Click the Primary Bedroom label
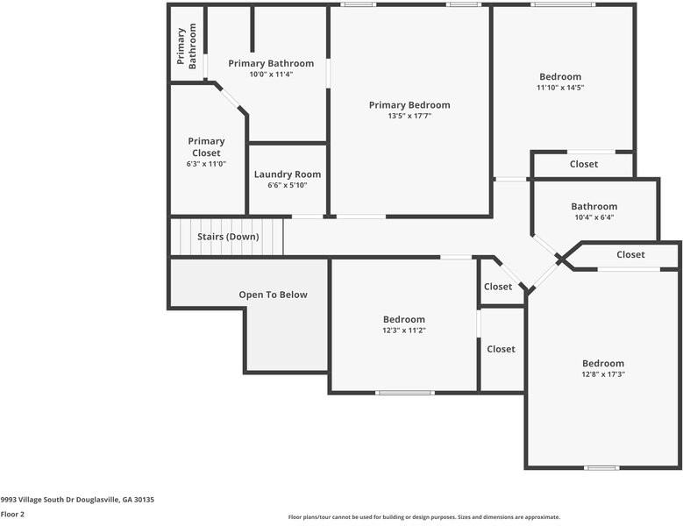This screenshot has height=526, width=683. coord(409,104)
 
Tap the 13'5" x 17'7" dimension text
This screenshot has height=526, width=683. coord(409,116)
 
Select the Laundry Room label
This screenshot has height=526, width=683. coord(288,174)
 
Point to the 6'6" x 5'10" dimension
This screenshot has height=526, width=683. coord(288,185)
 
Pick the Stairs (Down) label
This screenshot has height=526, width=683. coord(228,237)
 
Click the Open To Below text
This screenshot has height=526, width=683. coord(273,295)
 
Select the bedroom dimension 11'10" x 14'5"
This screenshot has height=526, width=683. coord(559,88)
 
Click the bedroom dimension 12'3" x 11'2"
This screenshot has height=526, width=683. coord(403,331)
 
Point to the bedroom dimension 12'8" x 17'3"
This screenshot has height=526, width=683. coord(603,374)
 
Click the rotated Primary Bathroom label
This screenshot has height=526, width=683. coord(186,46)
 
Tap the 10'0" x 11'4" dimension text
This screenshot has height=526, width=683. coord(271,75)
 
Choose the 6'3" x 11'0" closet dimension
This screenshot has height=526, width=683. coord(206,164)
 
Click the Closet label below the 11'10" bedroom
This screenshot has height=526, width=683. coord(584,164)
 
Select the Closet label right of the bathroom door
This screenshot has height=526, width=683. coord(630,254)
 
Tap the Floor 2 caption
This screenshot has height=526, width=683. coord(12,514)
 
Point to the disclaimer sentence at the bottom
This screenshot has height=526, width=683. coord(424,517)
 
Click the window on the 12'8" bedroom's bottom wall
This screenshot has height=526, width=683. coord(601,467)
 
